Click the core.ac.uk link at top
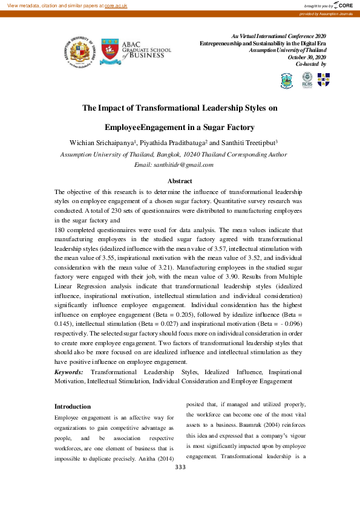(117, 5)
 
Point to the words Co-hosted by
(310, 63)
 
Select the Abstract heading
(180, 181)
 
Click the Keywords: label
(69, 372)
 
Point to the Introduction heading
(73, 406)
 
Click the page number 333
(180, 467)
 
